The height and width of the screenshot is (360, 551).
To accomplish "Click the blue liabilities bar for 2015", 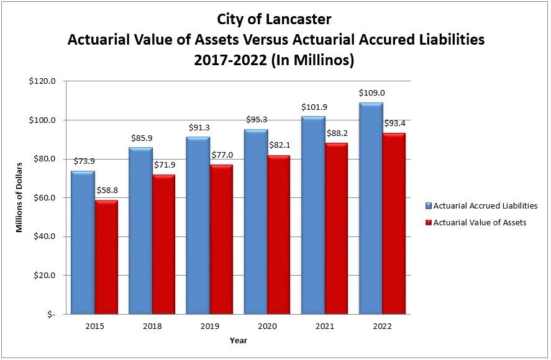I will pyautogui.click(x=83, y=242).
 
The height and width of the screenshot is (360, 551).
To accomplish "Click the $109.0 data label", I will pyautogui.click(x=371, y=93).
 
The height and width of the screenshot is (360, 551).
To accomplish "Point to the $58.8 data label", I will pyautogui.click(x=106, y=191).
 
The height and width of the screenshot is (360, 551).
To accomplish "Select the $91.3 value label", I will pyautogui.click(x=199, y=127).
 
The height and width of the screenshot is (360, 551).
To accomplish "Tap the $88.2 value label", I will pyautogui.click(x=337, y=133).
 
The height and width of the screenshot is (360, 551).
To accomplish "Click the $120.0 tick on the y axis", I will pyautogui.click(x=43, y=81).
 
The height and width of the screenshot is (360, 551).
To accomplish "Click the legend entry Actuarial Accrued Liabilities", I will pyautogui.click(x=485, y=206).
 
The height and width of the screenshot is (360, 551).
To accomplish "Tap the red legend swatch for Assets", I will pyautogui.click(x=428, y=223).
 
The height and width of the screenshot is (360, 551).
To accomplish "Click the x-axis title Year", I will pyautogui.click(x=239, y=340).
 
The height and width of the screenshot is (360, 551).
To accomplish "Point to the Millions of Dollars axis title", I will pyautogui.click(x=19, y=197).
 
